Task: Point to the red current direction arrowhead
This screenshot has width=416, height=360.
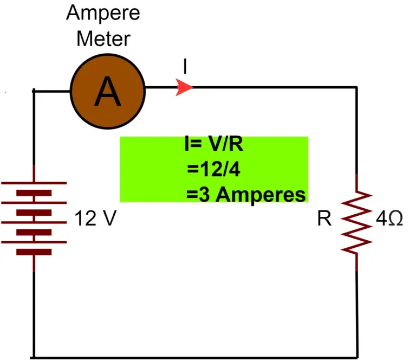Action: coord(184,87)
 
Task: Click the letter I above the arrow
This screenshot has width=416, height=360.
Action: coord(185,66)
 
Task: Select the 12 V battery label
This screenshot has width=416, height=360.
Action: coord(95,220)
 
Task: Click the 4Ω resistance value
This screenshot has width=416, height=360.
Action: coord(388,220)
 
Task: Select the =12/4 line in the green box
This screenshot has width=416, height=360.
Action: coord(213,170)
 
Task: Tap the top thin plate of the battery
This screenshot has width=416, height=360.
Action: coord(35,183)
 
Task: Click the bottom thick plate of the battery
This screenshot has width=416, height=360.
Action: coord(34,252)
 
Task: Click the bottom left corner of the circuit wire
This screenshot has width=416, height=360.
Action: coord(34,357)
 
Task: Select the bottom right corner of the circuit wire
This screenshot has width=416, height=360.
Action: coord(356,357)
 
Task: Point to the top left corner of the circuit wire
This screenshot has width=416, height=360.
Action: coord(34,90)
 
